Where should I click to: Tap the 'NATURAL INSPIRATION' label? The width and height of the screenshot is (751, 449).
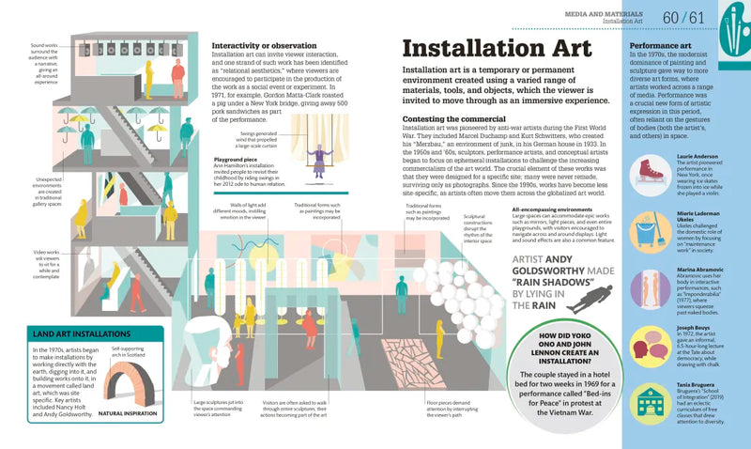(x=131, y=411)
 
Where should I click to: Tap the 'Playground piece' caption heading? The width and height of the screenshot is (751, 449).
(x=238, y=159)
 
